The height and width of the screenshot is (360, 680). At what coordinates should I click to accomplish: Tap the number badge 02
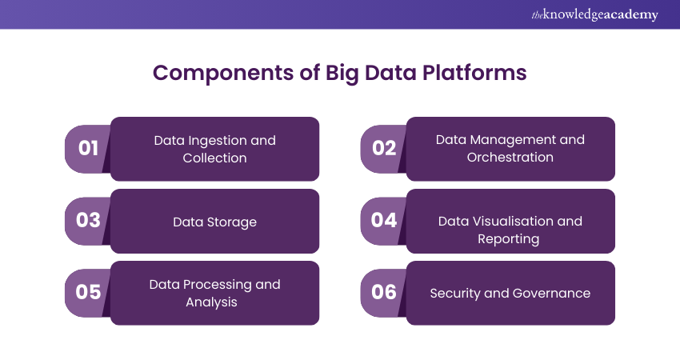point(384,148)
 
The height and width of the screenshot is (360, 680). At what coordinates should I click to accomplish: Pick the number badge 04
point(384,220)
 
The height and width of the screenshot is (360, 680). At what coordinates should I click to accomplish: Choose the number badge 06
point(384,292)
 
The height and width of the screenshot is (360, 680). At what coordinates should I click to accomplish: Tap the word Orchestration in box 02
point(510,158)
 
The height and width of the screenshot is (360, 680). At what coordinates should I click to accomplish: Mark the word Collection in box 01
point(214,158)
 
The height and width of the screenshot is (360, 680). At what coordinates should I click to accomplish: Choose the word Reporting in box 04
point(509,239)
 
